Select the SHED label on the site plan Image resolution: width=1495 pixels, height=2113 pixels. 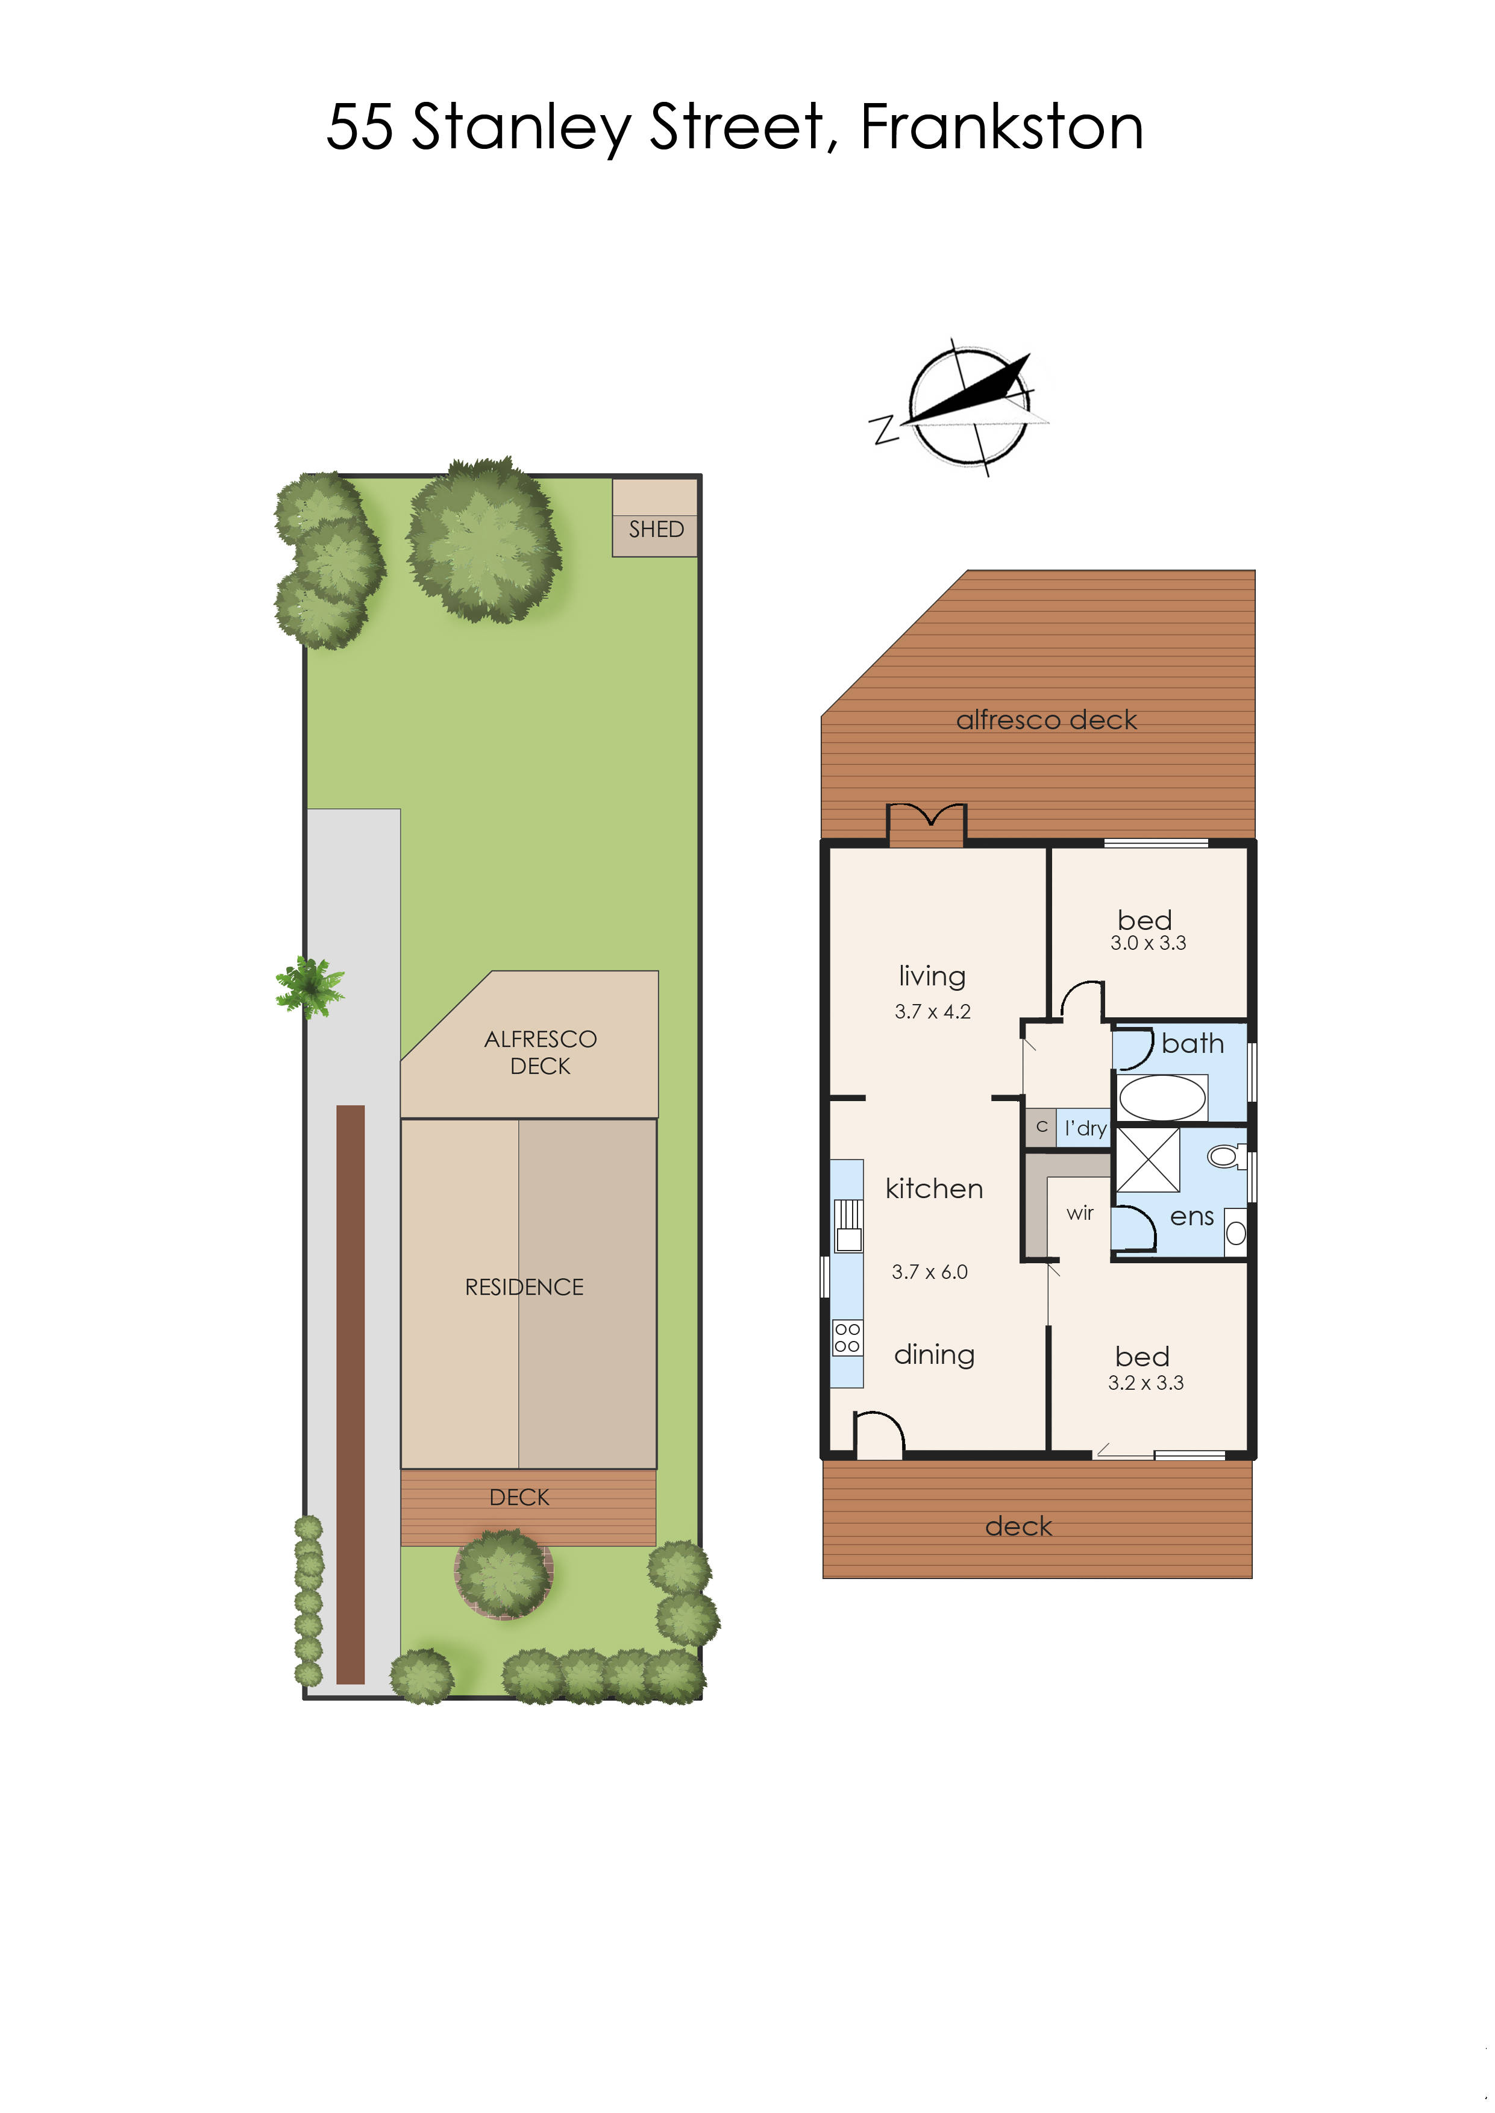click(656, 529)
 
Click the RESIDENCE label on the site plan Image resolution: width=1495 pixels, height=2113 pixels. click(524, 1287)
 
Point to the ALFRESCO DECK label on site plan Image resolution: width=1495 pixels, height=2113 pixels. click(541, 1052)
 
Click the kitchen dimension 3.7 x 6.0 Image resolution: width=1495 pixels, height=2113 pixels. click(930, 1272)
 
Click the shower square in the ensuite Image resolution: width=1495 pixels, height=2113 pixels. click(1148, 1160)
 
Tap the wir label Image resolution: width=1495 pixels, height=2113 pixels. click(1080, 1213)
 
